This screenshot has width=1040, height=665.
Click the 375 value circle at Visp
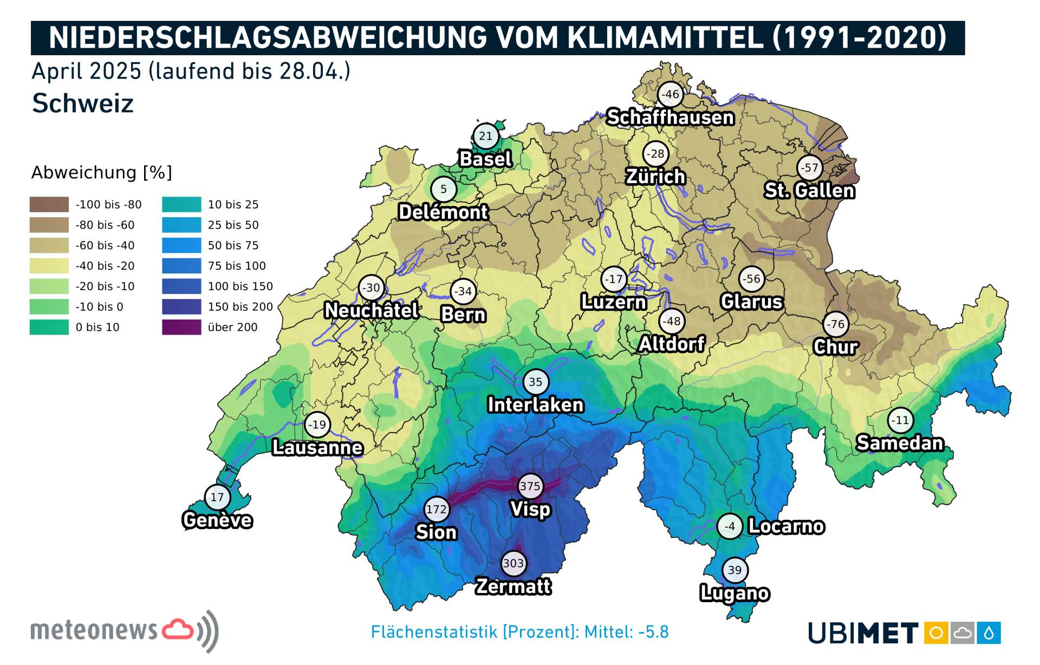pyautogui.click(x=530, y=486)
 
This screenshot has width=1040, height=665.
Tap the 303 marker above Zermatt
pyautogui.click(x=513, y=563)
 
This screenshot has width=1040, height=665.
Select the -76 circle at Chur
pyautogui.click(x=836, y=324)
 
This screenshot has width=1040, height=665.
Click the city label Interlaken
pyautogui.click(x=535, y=405)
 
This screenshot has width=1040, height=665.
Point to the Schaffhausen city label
pyautogui.click(x=670, y=117)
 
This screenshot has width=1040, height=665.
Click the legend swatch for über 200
pyautogui.click(x=181, y=327)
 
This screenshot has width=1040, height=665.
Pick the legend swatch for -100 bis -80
pyautogui.click(x=49, y=204)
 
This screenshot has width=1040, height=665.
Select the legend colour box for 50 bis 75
pyautogui.click(x=181, y=245)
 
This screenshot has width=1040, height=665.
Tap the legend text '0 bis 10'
pyautogui.click(x=97, y=327)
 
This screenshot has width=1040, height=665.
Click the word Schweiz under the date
pyautogui.click(x=82, y=103)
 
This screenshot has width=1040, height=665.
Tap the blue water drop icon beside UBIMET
pyautogui.click(x=989, y=633)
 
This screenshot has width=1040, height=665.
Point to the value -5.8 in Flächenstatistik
pyautogui.click(x=653, y=632)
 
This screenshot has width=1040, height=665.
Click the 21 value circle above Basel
pyautogui.click(x=485, y=136)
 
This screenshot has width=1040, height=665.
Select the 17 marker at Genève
pyautogui.click(x=217, y=497)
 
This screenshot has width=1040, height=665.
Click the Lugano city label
pyautogui.click(x=734, y=593)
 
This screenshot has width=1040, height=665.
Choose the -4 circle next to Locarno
pyautogui.click(x=730, y=526)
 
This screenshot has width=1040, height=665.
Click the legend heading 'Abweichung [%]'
pyautogui.click(x=101, y=172)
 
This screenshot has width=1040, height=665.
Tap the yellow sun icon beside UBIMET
pyautogui.click(x=936, y=633)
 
